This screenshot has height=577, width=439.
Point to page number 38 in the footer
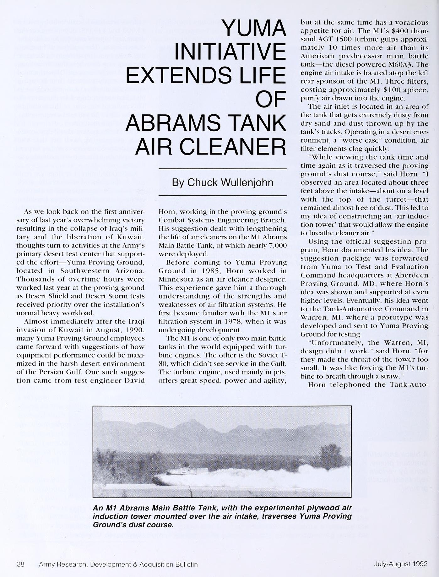(x=20, y=564)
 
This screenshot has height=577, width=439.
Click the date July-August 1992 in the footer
(x=400, y=563)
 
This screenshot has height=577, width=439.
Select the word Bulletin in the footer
(x=185, y=564)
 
